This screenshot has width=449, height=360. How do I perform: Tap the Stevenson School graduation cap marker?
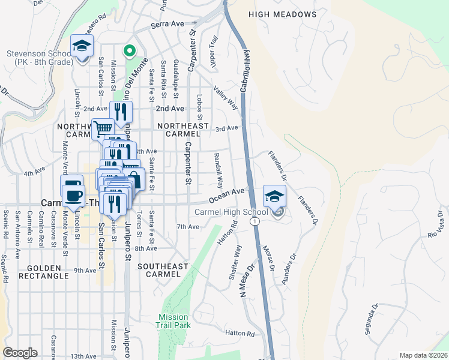pyautogui.click(x=82, y=45)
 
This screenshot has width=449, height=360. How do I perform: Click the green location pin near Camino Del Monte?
pyautogui.click(x=128, y=51)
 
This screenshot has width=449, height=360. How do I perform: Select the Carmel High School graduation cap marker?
pyautogui.click(x=274, y=196)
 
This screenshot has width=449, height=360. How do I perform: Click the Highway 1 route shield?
pyautogui.click(x=256, y=222)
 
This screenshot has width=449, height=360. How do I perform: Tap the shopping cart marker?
pyautogui.click(x=103, y=128)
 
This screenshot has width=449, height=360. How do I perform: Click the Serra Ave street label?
pyautogui.click(x=167, y=25)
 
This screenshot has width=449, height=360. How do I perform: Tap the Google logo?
pyautogui.click(x=20, y=353)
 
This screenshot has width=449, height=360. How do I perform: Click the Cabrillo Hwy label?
pyautogui.click(x=246, y=70)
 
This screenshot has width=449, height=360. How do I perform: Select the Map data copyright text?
pyautogui.click(x=423, y=355)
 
